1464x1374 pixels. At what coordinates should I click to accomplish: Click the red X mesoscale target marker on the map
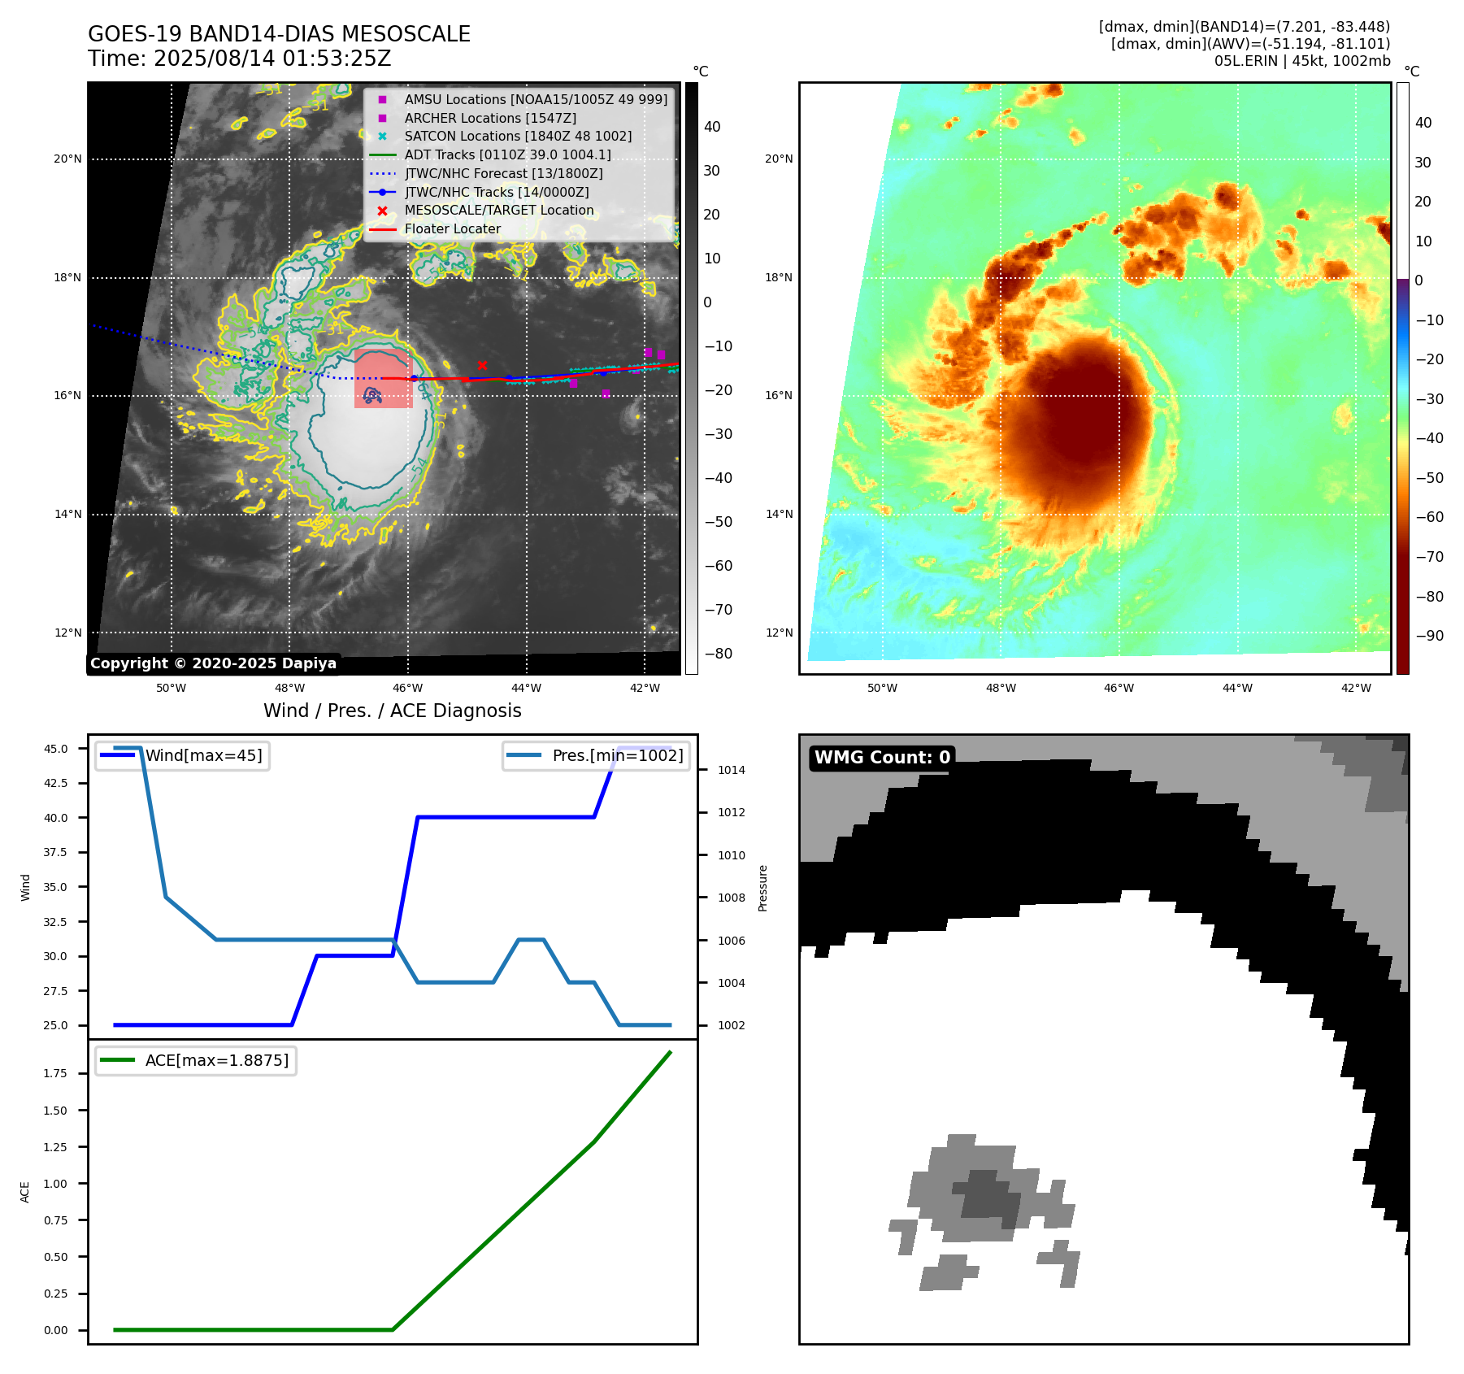[482, 365]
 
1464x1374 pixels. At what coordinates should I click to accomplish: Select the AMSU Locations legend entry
[536, 99]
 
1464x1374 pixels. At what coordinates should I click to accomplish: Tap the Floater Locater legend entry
[452, 229]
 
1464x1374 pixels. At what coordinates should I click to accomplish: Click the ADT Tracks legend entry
[507, 154]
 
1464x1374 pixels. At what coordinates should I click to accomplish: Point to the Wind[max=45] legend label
[203, 755]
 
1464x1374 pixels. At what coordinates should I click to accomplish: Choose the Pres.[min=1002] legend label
[618, 755]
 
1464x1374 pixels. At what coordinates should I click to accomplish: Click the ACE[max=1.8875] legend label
[216, 1060]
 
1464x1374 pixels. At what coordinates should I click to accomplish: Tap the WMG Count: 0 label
[882, 758]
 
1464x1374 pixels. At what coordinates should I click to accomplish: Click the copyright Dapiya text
[213, 663]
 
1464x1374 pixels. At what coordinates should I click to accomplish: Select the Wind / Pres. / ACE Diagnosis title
[392, 711]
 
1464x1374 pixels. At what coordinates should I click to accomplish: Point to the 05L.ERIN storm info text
[1302, 61]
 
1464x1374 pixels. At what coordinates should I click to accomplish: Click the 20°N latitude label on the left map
[67, 159]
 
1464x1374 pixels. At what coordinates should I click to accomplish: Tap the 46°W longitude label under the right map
[1119, 688]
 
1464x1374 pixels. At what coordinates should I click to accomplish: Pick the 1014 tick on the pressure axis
[731, 770]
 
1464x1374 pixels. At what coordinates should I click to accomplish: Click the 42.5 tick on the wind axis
[55, 783]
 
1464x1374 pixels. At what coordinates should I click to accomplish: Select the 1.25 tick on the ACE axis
[55, 1147]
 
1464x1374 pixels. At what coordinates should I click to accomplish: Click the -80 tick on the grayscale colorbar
[718, 654]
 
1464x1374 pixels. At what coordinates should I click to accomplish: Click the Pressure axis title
[762, 888]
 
